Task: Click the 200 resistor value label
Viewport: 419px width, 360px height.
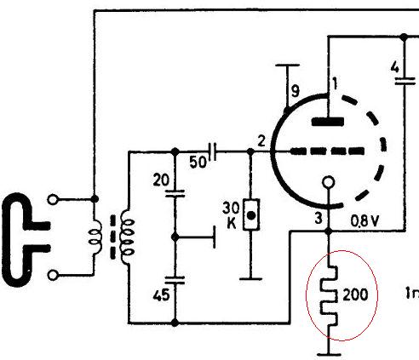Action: pyautogui.click(x=355, y=294)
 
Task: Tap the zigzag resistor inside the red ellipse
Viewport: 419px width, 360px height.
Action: pyautogui.click(x=329, y=295)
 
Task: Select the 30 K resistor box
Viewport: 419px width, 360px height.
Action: pyautogui.click(x=251, y=214)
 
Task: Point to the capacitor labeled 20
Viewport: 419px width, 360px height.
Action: pyautogui.click(x=175, y=193)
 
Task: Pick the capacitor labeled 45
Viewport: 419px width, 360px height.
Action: pyautogui.click(x=175, y=280)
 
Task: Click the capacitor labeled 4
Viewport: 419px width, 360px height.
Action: pyautogui.click(x=405, y=81)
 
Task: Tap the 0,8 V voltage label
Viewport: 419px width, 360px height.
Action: pyautogui.click(x=364, y=220)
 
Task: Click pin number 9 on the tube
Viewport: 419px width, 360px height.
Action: pyautogui.click(x=296, y=91)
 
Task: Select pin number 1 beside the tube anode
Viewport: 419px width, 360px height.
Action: pyautogui.click(x=336, y=83)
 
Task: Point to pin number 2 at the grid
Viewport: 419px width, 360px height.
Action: pyautogui.click(x=261, y=141)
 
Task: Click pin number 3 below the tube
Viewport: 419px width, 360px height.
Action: pyautogui.click(x=319, y=219)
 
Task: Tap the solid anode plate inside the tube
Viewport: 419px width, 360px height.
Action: pyautogui.click(x=328, y=122)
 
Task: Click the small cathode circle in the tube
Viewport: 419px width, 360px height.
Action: pyautogui.click(x=329, y=182)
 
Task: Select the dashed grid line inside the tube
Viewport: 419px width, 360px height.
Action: pyautogui.click(x=327, y=151)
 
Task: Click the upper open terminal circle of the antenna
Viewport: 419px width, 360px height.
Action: pyautogui.click(x=53, y=199)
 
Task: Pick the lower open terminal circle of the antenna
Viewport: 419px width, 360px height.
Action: pyautogui.click(x=53, y=275)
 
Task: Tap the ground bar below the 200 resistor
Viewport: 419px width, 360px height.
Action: pyautogui.click(x=329, y=354)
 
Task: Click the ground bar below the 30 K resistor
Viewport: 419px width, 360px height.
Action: pyautogui.click(x=250, y=279)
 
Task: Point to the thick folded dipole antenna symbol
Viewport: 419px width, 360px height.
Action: pyautogui.click(x=26, y=240)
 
